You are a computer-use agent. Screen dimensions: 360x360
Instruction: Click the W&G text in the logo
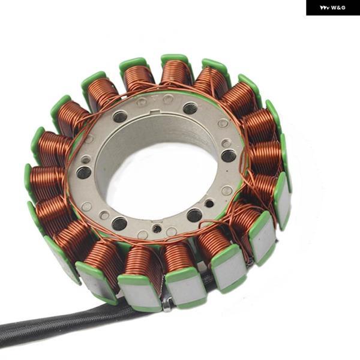[x=338, y=8]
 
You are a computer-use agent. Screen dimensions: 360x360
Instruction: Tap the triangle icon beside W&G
[x=325, y=8]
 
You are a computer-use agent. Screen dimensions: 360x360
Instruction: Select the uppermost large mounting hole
[x=190, y=109]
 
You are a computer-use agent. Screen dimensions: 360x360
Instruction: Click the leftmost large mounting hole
[x=84, y=173]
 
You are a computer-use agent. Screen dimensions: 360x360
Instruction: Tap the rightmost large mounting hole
[x=229, y=155]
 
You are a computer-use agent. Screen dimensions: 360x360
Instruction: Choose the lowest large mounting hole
[x=119, y=224]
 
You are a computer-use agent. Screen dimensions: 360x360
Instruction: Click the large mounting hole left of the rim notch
[x=120, y=116]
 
